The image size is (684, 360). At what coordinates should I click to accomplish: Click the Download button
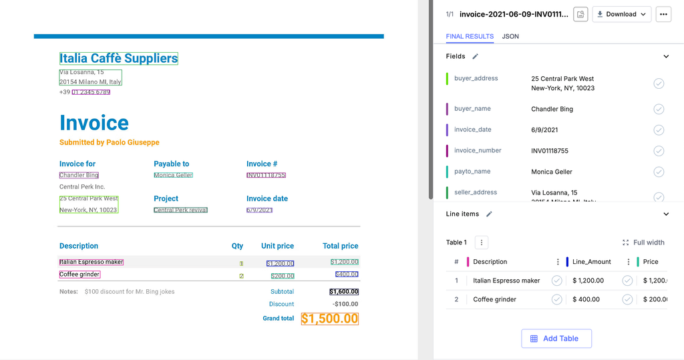[621, 14]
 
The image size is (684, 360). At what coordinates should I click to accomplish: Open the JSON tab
[510, 36]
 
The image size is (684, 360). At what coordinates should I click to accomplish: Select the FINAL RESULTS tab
[470, 36]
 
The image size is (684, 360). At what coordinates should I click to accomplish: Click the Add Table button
[556, 339]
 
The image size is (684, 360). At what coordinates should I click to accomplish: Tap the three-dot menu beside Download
[663, 14]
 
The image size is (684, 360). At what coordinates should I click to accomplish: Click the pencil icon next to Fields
[476, 57]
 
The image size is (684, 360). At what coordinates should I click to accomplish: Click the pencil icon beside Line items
[489, 214]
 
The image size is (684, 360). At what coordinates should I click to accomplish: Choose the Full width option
[643, 242]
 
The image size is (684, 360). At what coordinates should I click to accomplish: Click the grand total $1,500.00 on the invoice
[329, 319]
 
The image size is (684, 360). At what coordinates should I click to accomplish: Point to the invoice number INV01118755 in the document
[266, 175]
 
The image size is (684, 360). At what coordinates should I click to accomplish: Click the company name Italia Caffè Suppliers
[118, 59]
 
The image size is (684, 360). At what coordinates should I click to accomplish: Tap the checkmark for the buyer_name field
[659, 109]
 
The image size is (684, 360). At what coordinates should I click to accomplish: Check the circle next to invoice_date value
[659, 130]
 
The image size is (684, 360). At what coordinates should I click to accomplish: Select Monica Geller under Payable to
[173, 175]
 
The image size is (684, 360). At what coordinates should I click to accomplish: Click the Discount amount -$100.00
[346, 304]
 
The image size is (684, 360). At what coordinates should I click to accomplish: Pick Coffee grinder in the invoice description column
[79, 275]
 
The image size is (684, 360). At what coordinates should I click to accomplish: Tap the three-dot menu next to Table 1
[482, 242]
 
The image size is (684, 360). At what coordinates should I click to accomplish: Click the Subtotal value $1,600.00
[343, 292]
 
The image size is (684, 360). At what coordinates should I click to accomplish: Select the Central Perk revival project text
[180, 210]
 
